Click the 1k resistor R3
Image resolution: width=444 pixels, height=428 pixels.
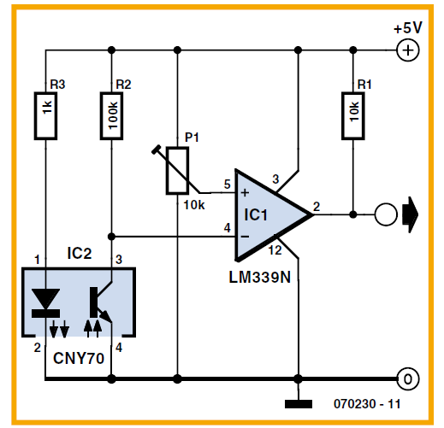point(45,115)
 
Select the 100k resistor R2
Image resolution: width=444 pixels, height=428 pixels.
point(111,115)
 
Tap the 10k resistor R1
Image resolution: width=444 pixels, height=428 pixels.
point(353,115)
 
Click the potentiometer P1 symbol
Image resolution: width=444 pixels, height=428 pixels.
point(177,171)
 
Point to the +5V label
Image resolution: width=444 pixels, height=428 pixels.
point(408,28)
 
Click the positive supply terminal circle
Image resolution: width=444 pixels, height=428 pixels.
point(408,50)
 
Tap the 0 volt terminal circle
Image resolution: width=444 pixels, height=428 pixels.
point(408,379)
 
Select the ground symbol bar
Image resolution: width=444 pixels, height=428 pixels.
point(299,404)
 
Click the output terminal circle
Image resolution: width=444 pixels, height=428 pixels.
point(386,214)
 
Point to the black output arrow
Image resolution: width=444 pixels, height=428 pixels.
point(410,214)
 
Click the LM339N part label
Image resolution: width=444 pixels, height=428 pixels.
point(260,277)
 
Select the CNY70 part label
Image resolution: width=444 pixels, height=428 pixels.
point(79,358)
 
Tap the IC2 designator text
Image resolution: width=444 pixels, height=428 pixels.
point(80,253)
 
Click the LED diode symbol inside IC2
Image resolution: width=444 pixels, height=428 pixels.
point(45,302)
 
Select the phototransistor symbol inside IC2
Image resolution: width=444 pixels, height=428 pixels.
point(101,302)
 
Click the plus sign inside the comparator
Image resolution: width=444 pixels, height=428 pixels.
point(245,193)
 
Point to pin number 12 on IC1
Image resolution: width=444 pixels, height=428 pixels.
point(275,250)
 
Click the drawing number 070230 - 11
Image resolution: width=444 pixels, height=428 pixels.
point(367,404)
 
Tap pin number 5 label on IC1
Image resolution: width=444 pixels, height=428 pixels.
point(227,185)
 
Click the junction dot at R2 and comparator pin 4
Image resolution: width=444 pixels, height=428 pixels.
point(111,237)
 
